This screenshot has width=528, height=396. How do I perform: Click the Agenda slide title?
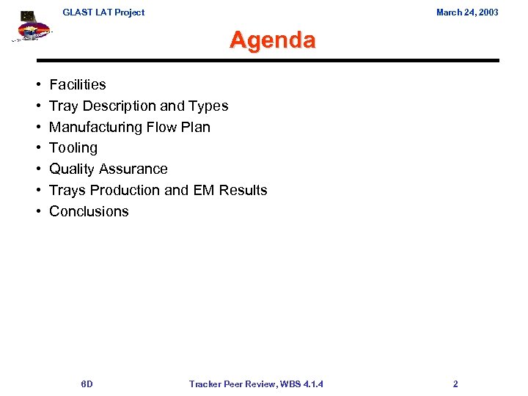coord(272,40)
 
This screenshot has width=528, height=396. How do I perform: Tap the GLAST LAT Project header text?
coord(103,12)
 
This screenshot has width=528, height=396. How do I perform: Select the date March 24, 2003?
coord(467,12)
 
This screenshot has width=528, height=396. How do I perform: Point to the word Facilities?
coord(78,85)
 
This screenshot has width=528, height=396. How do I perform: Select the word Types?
coord(210,106)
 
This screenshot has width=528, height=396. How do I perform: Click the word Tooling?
coord(73,148)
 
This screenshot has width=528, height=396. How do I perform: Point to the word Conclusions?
coord(89,212)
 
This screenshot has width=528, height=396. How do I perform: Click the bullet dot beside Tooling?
coord(37,148)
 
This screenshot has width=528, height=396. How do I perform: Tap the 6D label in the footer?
coord(87,384)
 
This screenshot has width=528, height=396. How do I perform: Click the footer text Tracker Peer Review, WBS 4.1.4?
coord(256,384)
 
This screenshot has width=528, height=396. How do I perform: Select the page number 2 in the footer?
coord(455,384)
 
